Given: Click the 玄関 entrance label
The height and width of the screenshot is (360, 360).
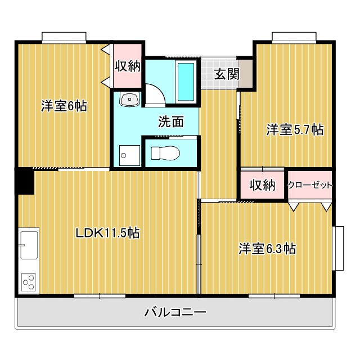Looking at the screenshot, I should tap(226, 74).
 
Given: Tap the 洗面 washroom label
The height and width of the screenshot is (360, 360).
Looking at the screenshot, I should tap(170, 121).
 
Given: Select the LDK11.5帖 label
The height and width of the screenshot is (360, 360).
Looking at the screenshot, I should tap(108, 232).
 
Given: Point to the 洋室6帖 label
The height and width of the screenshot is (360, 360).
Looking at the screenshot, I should tap(64, 106).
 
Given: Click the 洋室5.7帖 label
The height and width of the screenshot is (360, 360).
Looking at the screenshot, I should tap(295, 130).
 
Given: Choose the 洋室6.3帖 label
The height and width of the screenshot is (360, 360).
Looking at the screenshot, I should tap(267, 248).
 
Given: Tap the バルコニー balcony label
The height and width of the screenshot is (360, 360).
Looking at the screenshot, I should tap(175, 312).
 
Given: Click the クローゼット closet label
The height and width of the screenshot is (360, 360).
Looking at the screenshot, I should tap(310, 185).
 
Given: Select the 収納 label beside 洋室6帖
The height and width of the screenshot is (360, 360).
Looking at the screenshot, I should tap(127, 66).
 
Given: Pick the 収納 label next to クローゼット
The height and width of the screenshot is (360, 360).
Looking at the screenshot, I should tap(262, 185).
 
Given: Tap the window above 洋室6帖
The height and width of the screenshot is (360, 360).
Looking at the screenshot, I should tap(64, 37).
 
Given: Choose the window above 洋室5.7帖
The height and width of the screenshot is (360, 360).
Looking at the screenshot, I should tap(294, 37).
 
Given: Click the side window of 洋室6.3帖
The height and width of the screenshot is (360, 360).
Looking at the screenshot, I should tap(339, 248).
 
